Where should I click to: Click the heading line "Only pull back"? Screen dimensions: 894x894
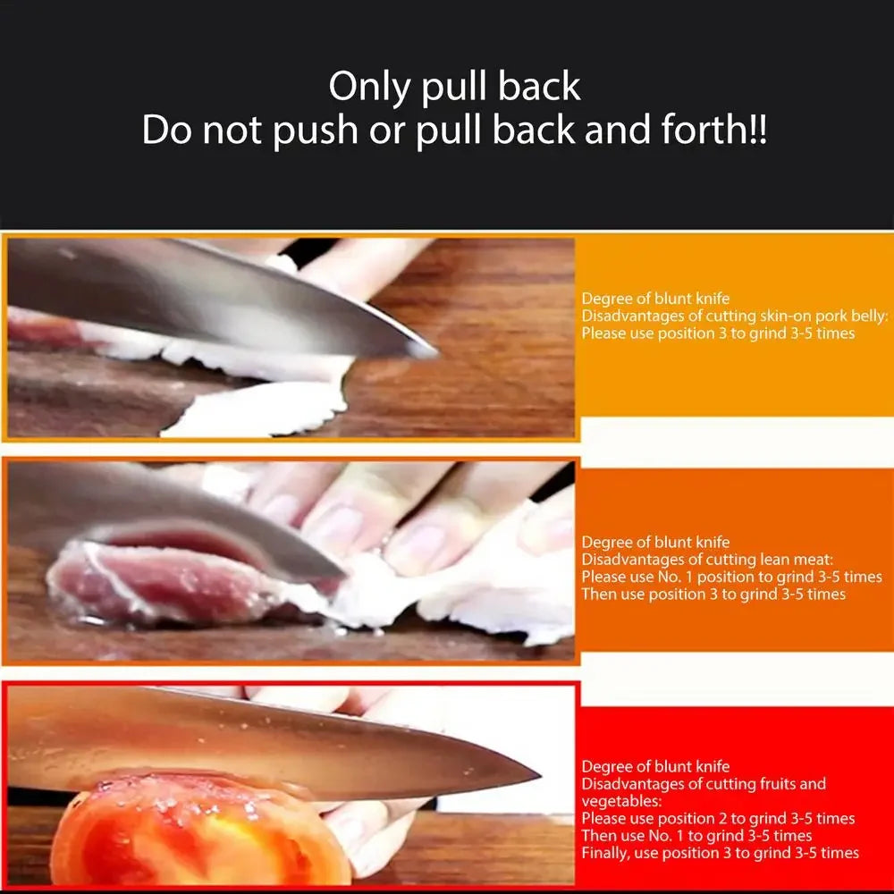(x=454, y=87)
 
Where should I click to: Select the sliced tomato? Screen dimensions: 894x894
(x=197, y=831)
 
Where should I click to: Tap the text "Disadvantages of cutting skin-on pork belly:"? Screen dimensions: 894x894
(x=735, y=316)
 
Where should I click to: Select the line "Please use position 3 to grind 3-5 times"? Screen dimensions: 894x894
(x=718, y=333)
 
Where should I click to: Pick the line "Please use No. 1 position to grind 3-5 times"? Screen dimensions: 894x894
(x=731, y=577)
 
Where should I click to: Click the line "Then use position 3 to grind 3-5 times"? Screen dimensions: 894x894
(x=713, y=594)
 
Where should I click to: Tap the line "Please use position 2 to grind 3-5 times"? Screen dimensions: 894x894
(x=718, y=819)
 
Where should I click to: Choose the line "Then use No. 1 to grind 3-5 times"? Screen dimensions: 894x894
(x=696, y=836)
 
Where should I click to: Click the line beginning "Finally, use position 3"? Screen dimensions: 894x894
(x=720, y=853)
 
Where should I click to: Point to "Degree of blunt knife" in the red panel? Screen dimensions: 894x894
(x=655, y=767)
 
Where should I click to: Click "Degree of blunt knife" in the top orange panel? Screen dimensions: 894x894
(x=655, y=299)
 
